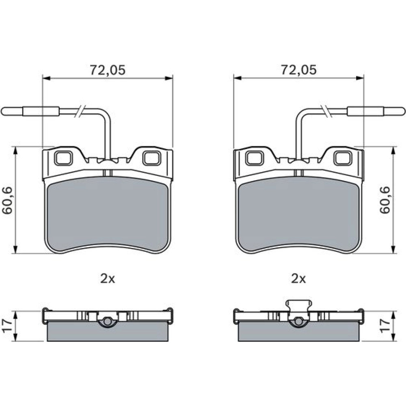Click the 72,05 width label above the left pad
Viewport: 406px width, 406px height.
108,70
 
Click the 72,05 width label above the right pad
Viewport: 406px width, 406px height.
298,70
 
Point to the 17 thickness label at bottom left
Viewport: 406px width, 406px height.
7,326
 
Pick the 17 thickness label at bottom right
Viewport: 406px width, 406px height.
385,326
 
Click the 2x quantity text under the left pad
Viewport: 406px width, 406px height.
108,279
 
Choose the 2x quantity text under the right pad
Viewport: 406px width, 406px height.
298,279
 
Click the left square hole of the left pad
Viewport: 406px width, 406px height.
63,158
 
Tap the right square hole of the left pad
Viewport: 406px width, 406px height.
151,158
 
